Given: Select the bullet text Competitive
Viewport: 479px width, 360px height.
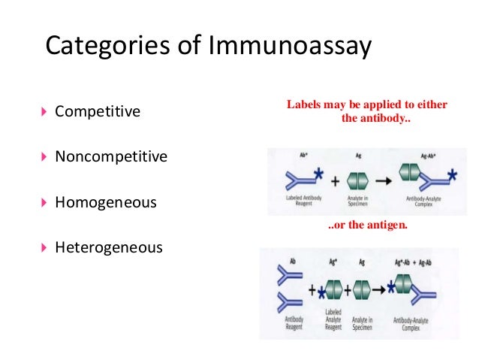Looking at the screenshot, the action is (x=98, y=112).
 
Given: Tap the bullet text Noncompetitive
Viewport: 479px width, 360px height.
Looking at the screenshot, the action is (x=111, y=157).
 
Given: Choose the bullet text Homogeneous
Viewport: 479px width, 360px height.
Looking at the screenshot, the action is (x=106, y=202).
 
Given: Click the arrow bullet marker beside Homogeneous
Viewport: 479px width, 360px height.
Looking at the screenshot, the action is (x=43, y=202).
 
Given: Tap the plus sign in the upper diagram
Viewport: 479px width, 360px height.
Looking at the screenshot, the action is (x=334, y=182).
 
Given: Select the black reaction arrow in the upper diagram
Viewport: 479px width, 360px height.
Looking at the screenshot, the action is (x=383, y=181).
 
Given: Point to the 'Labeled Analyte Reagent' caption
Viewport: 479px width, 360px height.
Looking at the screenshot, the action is (x=333, y=319).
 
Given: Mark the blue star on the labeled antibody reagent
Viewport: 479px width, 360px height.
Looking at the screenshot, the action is (x=320, y=174).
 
